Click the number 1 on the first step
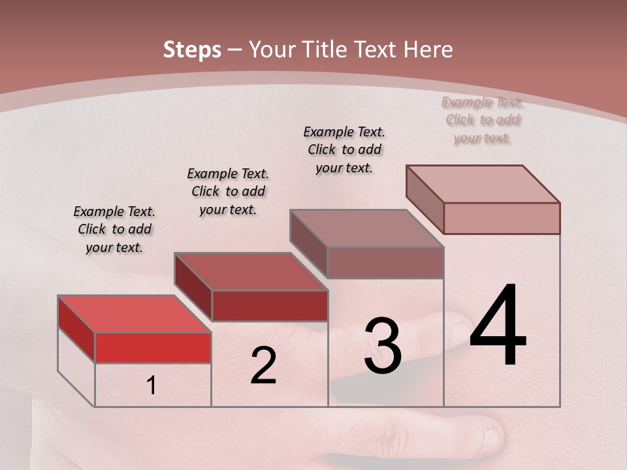(152, 386)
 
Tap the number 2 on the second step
(263, 366)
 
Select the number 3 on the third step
(383, 346)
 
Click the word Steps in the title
(192, 50)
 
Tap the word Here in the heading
(428, 50)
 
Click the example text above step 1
(115, 229)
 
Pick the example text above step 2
(228, 191)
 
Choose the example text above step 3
(344, 149)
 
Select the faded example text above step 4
(483, 119)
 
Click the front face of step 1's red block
(153, 347)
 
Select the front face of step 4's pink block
(502, 218)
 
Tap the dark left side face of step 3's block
(308, 243)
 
